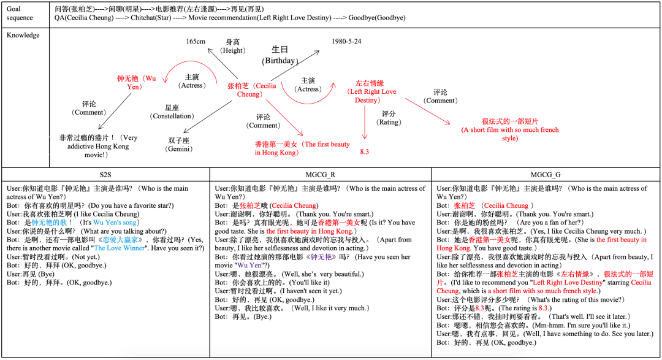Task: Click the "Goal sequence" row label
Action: coord(21,13)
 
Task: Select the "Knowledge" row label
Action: coord(23,35)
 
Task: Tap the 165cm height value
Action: coord(196,41)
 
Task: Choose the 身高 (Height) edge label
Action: coord(232,45)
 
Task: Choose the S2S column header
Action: coord(105,174)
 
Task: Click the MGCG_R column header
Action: coord(319,174)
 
